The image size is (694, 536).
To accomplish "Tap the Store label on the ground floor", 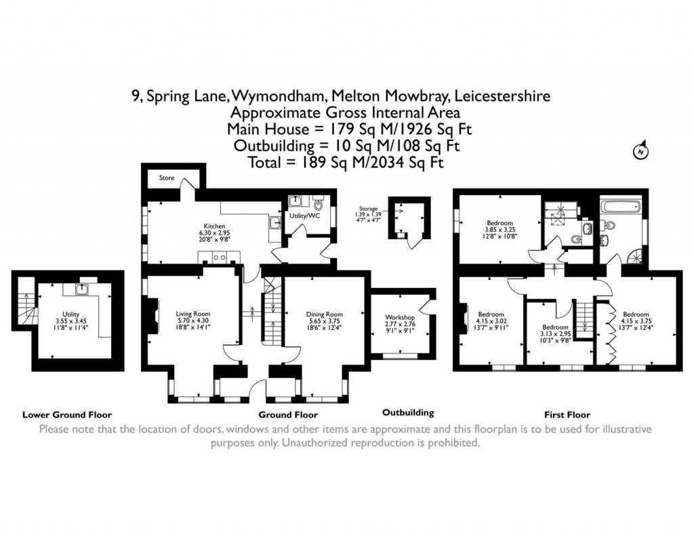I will pos(167,178).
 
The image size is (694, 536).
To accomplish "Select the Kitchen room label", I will pos(214,226).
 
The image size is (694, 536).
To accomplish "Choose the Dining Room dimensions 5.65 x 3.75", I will pos(324,322).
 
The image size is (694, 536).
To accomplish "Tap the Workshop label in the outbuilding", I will pos(399,317).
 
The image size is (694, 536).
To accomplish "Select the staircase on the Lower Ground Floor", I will pos(26,310).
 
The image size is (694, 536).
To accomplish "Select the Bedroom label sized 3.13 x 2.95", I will pos(555,319).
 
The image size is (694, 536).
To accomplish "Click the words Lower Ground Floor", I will pos(67,415).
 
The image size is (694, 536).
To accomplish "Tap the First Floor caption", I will pos(567,415).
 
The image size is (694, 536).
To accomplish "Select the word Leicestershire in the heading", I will pos(501,96).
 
